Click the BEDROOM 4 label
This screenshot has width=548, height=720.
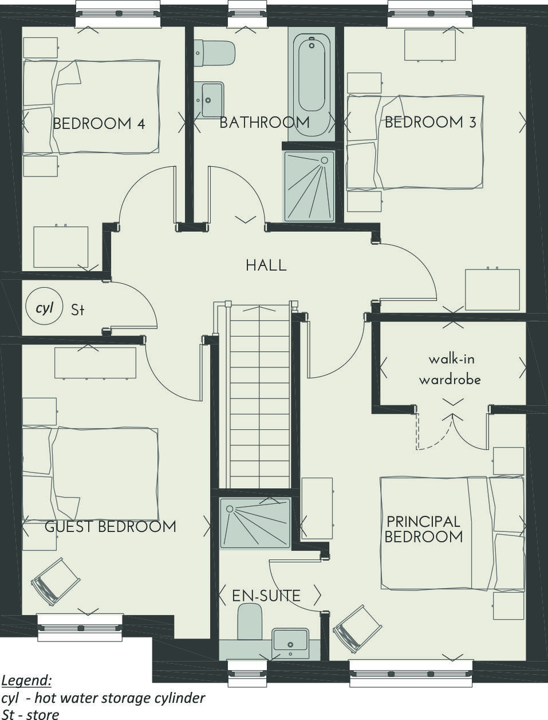[98, 124]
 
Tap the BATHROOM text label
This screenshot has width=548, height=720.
[264, 123]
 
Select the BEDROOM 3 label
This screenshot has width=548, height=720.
[430, 122]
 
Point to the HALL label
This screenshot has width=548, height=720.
[266, 265]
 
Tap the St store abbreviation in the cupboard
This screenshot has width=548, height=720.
[78, 310]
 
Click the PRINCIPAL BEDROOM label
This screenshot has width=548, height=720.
[423, 529]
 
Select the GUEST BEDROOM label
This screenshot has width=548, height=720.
[110, 527]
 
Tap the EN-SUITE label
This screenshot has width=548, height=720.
[266, 596]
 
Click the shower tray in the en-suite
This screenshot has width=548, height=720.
[255, 522]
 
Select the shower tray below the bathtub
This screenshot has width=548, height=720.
[309, 186]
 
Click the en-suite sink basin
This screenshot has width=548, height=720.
[290, 639]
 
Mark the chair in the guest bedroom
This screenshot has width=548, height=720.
[56, 581]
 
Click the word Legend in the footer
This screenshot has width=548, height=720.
[26, 680]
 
